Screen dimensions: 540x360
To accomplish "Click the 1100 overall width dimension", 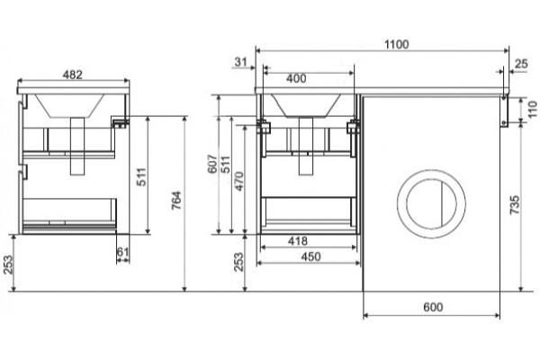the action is tap(396, 44).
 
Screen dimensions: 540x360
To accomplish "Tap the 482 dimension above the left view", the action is tap(73, 75).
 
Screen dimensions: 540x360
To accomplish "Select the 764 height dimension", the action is tap(176, 201).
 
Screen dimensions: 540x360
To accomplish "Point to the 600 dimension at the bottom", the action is tap(433, 307).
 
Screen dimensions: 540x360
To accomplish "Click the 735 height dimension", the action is tap(515, 205).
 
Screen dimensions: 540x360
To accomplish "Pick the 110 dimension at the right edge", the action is tap(533, 109).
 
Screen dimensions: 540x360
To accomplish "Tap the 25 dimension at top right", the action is tap(521, 64).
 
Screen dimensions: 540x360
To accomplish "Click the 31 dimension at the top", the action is tap(240, 62).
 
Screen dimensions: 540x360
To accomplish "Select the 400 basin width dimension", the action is tap(296, 78).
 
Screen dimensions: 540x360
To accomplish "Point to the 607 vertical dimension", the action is tap(212, 164).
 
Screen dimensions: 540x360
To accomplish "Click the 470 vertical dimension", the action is tap(238, 181).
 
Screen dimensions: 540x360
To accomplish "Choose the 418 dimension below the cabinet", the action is tap(298, 241).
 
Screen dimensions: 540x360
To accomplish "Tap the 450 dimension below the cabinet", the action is tap(311, 256).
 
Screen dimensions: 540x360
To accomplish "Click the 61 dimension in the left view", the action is tap(122, 252).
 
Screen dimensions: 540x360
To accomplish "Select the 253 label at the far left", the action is tap(8, 265).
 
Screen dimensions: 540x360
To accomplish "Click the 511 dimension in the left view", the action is tap(141, 176).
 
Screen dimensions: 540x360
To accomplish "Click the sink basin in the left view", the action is tap(70, 106).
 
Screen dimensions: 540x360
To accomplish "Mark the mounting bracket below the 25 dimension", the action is tap(504, 112).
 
